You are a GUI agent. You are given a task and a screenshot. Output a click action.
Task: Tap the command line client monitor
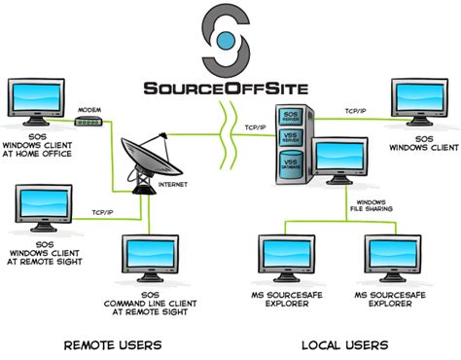149,256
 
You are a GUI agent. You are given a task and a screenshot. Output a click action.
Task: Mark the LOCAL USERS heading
344,345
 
